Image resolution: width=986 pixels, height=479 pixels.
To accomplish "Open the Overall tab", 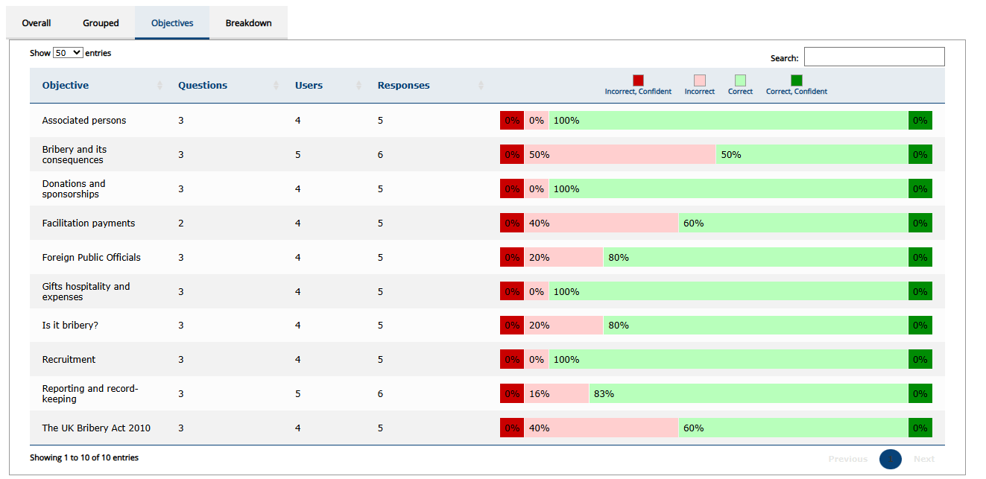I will (37, 23).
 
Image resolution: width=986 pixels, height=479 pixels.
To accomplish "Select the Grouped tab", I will (101, 23).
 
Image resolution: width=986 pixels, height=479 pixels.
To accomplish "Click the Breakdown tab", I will (248, 23).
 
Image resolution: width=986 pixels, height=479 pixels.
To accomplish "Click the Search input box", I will (873, 57).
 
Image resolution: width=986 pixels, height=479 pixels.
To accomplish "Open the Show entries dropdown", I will (68, 54).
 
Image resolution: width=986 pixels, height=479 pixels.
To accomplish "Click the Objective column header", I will (66, 86).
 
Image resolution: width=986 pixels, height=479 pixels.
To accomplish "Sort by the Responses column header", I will (403, 86).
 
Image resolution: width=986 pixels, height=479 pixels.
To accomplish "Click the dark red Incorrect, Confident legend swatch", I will (638, 80).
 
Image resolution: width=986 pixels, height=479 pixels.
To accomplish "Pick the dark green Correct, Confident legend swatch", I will (797, 80).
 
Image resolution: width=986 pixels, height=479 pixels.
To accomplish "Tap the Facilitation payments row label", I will (89, 223).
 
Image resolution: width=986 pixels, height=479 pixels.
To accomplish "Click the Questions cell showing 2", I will (181, 223).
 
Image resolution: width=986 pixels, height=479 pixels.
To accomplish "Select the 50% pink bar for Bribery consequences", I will (619, 155).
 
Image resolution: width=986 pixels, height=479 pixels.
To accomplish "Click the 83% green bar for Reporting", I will (748, 394).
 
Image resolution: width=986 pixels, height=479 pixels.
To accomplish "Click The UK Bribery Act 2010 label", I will (96, 428).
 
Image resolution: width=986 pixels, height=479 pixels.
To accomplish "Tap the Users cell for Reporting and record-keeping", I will (298, 394).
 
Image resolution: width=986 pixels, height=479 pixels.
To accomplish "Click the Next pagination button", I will (923, 459).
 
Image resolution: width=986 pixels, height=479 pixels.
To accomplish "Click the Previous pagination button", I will (847, 459).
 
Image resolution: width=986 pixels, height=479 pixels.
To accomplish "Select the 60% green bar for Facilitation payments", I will (793, 223).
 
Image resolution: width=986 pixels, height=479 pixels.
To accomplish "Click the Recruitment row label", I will (69, 360).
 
